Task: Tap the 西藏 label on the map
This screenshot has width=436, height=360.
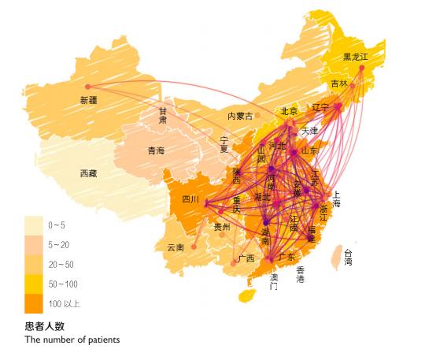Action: point(88,173)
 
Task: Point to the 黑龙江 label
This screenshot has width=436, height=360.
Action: point(357,57)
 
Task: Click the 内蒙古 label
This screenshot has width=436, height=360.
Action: point(240,116)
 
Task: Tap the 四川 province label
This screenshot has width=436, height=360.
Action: point(190,199)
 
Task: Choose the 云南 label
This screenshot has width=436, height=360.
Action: point(175,247)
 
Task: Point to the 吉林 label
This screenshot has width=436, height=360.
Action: point(338,84)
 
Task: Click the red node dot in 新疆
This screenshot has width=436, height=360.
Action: point(87,87)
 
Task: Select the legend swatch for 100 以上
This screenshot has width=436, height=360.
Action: point(34,302)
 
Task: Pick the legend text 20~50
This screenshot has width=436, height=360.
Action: point(61,264)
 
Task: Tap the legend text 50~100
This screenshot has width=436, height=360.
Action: point(63,284)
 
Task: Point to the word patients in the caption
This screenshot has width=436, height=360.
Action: point(100,340)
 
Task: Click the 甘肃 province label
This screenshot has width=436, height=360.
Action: point(163,116)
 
